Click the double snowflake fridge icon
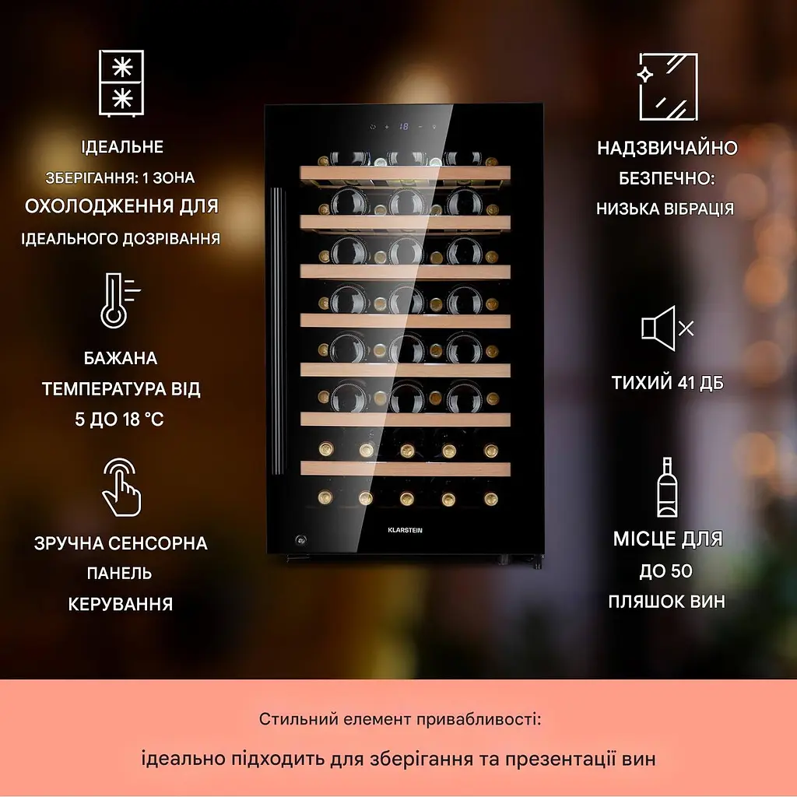click(x=121, y=83)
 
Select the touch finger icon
click(x=121, y=487)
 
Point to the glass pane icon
click(x=667, y=86)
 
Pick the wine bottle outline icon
click(x=667, y=487)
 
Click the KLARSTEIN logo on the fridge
click(x=405, y=530)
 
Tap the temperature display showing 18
click(x=404, y=126)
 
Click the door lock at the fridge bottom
click(x=301, y=539)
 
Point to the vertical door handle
click(x=277, y=330)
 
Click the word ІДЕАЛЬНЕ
click(x=122, y=147)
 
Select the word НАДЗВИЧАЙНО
click(x=667, y=148)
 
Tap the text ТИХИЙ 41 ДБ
click(x=667, y=383)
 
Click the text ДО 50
click(x=666, y=571)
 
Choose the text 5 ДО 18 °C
click(x=119, y=420)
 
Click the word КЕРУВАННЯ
click(x=121, y=604)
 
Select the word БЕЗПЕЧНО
click(x=665, y=178)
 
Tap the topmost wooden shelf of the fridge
click(x=405, y=174)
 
